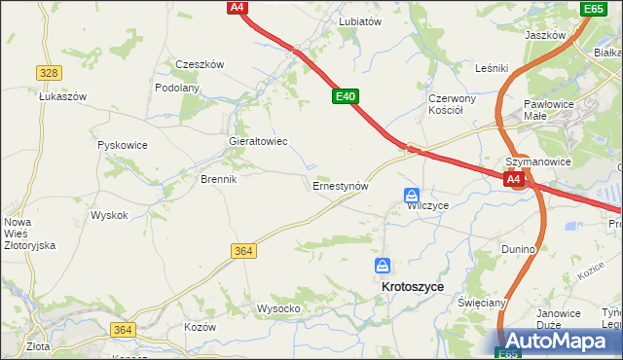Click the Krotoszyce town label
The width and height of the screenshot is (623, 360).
413,287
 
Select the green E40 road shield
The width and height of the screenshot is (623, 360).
346,96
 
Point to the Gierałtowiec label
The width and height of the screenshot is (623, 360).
257,141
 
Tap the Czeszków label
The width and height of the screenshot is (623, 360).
200,64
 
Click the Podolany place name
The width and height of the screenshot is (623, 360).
177,87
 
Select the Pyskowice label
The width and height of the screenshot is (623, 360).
123,145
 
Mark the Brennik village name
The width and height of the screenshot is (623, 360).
219,179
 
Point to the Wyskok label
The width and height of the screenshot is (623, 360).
109,215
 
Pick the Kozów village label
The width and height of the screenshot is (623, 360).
200,327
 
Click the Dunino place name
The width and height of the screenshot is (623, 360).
519,249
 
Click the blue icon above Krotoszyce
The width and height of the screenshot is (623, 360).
385,265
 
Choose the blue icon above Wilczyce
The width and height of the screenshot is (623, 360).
412,195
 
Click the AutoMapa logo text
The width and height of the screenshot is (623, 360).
562,342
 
